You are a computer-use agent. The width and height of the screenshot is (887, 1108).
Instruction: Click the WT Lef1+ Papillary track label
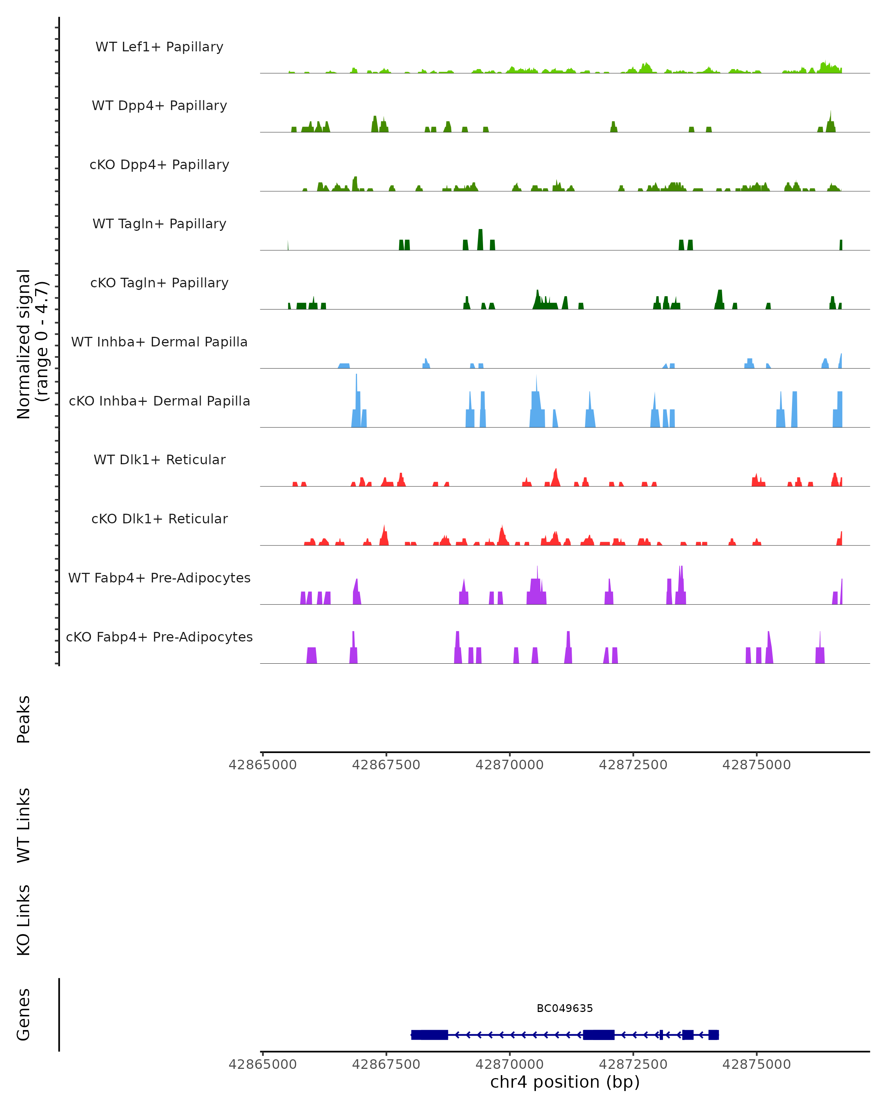coord(159,47)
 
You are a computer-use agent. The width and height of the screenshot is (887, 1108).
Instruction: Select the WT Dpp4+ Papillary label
coord(159,106)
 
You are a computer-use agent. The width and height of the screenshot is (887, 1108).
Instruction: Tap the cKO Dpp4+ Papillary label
coord(159,165)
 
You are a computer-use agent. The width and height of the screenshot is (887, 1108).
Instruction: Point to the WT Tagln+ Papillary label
coord(159,224)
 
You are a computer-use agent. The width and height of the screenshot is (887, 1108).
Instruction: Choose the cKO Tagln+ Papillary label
coord(159,283)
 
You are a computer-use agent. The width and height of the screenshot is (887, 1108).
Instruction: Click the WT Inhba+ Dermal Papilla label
coord(159,342)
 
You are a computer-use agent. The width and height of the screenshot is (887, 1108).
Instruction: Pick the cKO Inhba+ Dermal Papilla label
coord(159,401)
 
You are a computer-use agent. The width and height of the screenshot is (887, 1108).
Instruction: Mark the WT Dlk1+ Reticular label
coord(159,460)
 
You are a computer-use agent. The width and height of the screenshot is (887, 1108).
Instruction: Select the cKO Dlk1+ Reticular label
coord(159,519)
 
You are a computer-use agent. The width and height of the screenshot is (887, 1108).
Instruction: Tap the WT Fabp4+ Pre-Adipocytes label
coord(159,578)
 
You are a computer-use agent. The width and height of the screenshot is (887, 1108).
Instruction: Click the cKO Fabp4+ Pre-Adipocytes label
coord(159,637)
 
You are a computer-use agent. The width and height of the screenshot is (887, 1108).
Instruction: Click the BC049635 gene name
coord(565,1009)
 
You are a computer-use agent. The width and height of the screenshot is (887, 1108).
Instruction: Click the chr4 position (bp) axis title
coord(565,1082)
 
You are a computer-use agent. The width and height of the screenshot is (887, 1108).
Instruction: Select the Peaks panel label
coord(24,719)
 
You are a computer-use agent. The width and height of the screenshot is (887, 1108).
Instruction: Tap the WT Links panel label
coord(24,825)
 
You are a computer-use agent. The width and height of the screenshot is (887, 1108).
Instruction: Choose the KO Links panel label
coord(24,920)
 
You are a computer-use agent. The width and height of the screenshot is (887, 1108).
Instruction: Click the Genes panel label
coord(24,1015)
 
